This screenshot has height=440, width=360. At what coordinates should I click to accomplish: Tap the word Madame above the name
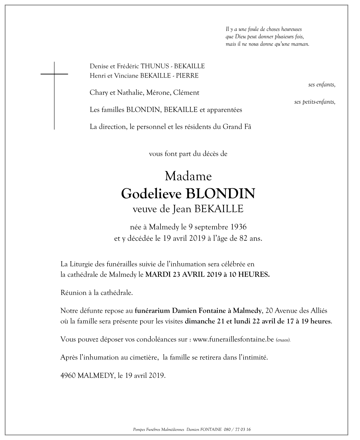pos(188,176)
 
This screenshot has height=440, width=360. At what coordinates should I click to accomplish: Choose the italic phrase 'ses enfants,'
pos(322,85)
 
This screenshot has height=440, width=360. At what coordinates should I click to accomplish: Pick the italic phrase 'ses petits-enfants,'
pos(315,102)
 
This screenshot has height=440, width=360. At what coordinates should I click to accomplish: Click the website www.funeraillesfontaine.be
pos(233,339)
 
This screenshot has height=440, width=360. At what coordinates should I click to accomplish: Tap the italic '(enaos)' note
pos(283,340)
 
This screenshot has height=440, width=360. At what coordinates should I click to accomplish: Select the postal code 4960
pos(68,376)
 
